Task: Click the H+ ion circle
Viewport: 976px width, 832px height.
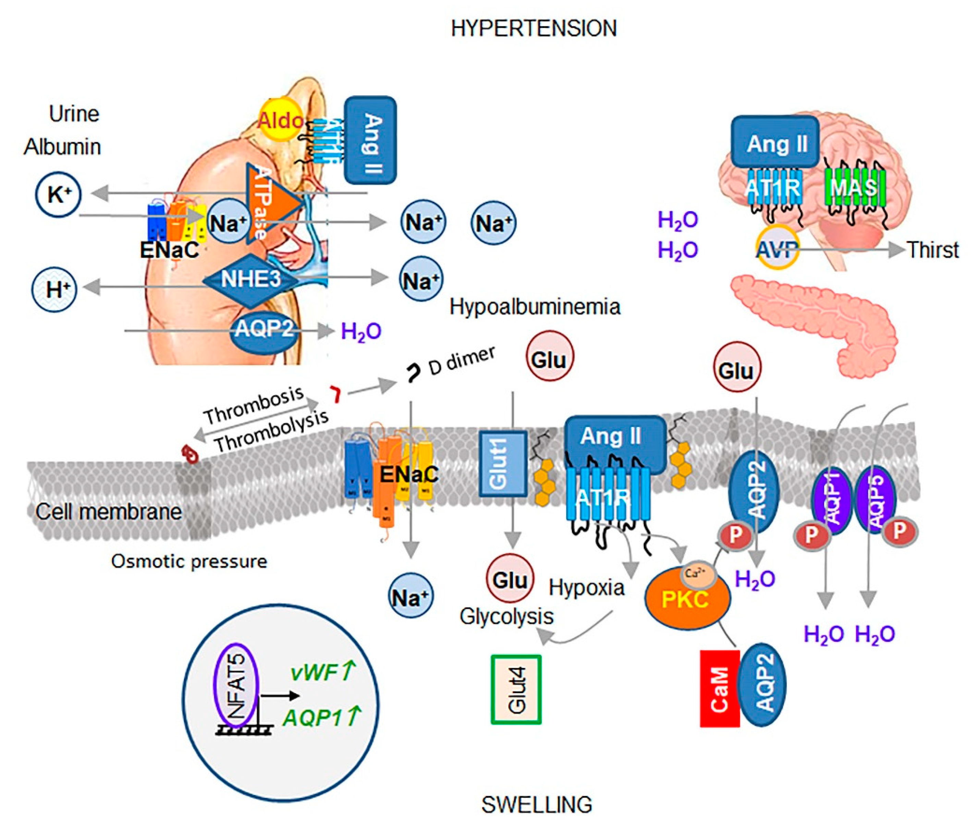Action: [x=54, y=288]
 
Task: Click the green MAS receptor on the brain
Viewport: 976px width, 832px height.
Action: [x=854, y=187]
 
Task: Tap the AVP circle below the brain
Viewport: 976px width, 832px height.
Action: [x=777, y=248]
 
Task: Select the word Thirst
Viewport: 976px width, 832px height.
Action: [x=933, y=250]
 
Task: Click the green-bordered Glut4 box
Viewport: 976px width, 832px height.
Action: [x=516, y=689]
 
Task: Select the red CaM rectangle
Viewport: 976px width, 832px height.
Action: [x=719, y=689]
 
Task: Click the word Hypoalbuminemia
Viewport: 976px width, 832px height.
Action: [x=535, y=307]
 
